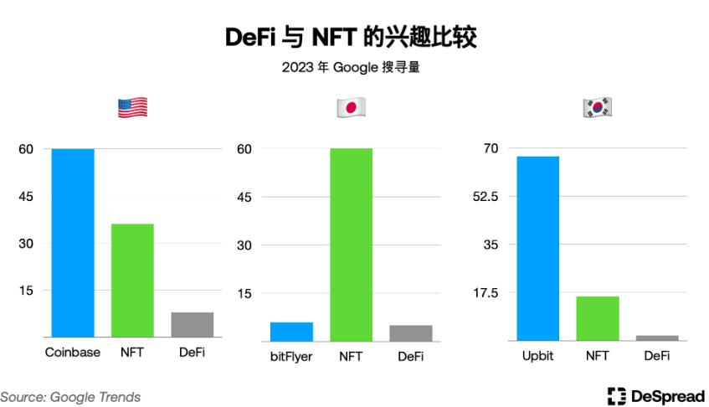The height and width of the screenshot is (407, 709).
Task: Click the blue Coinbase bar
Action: pos(73,243)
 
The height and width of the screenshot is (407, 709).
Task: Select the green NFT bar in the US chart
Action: pos(132,281)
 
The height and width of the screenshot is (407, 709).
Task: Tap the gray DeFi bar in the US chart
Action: pos(192,324)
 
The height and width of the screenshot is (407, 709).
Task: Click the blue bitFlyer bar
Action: pos(291,332)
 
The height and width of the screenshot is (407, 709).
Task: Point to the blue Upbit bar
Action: pos(537,248)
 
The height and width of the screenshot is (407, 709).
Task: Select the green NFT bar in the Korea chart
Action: pos(597,318)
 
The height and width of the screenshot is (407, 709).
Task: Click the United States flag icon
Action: pos(132,107)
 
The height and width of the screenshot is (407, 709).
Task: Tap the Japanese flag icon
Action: pos(351,107)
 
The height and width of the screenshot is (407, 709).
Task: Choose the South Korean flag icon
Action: pos(597,107)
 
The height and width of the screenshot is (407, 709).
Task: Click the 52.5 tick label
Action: pos(489,197)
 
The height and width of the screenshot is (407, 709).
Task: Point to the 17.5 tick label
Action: pos(489,293)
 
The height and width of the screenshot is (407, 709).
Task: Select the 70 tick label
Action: pos(491,148)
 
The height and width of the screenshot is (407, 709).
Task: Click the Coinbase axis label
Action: pos(73,353)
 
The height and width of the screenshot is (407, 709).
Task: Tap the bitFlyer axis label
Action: pos(291,357)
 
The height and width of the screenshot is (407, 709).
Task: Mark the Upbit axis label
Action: pos(537,356)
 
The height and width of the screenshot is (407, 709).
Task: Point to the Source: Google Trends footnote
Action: pos(70,397)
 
